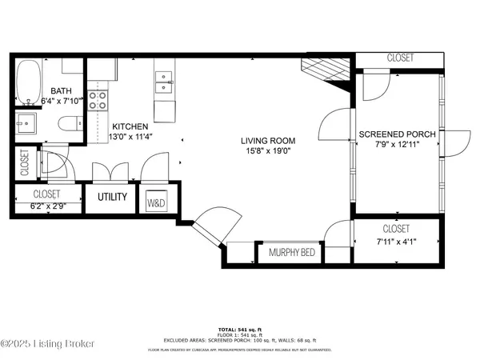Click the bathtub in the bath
pos(30,82)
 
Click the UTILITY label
pos(111,196)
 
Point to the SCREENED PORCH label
pos(397,134)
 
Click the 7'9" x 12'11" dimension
pos(397,146)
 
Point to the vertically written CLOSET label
pos(24,164)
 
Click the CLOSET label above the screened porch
pos(399,58)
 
